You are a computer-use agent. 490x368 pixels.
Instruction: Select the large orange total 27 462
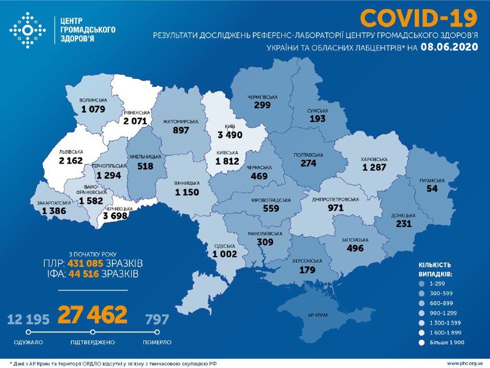92,315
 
